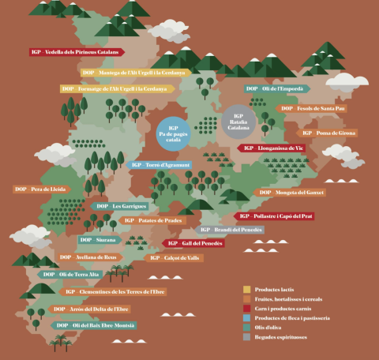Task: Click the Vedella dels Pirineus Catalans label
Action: [77, 52]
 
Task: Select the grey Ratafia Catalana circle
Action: [238, 121]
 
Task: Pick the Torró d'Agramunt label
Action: [160, 165]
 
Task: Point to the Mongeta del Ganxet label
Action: [291, 192]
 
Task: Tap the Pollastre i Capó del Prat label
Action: [274, 216]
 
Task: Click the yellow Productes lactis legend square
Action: [246, 289]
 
